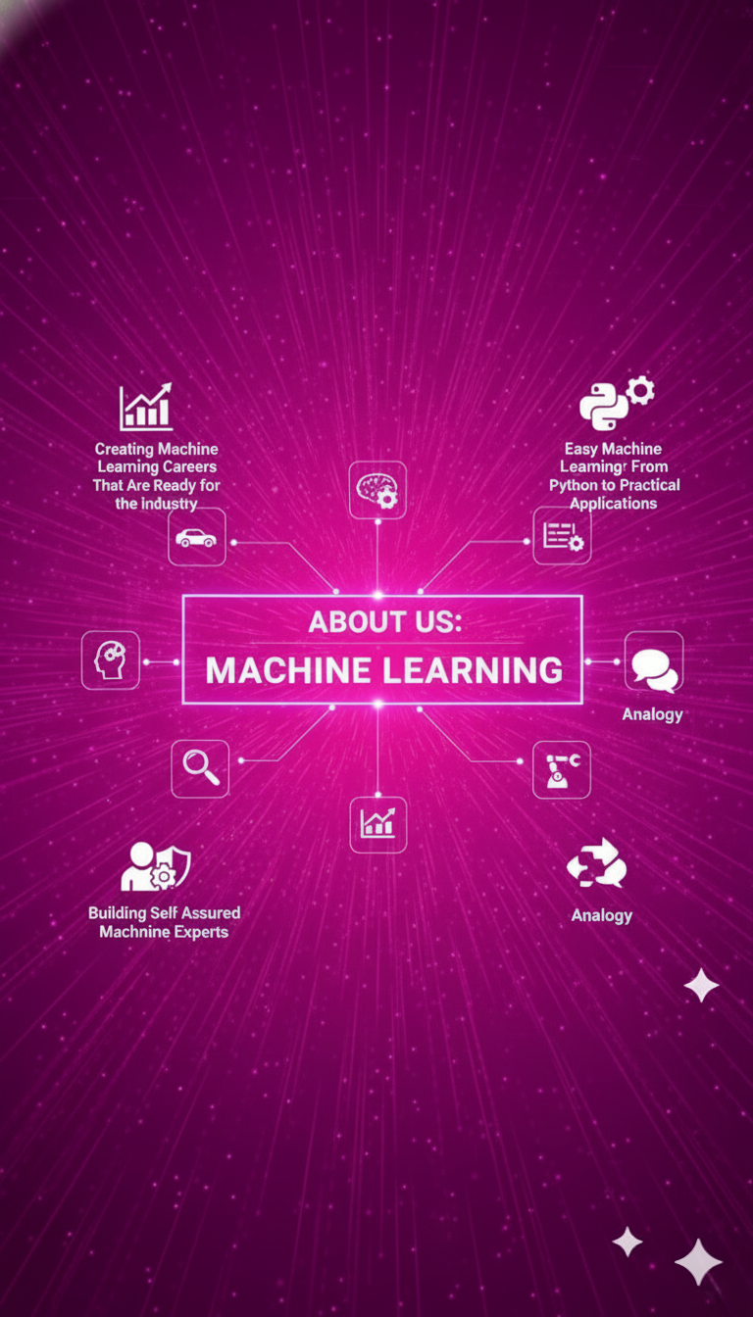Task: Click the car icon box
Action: (x=197, y=537)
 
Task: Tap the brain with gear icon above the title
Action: (x=377, y=490)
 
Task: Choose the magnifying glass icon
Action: (x=200, y=768)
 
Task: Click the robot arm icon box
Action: (x=562, y=769)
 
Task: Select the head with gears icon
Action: (x=110, y=660)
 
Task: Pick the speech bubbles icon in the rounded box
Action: (x=654, y=662)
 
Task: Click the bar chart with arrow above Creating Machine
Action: (x=146, y=407)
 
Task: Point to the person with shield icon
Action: (x=155, y=866)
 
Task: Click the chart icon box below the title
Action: (x=378, y=824)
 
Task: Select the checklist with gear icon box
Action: (x=562, y=536)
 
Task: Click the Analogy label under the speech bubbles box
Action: (x=652, y=714)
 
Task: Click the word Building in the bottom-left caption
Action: (x=118, y=912)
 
